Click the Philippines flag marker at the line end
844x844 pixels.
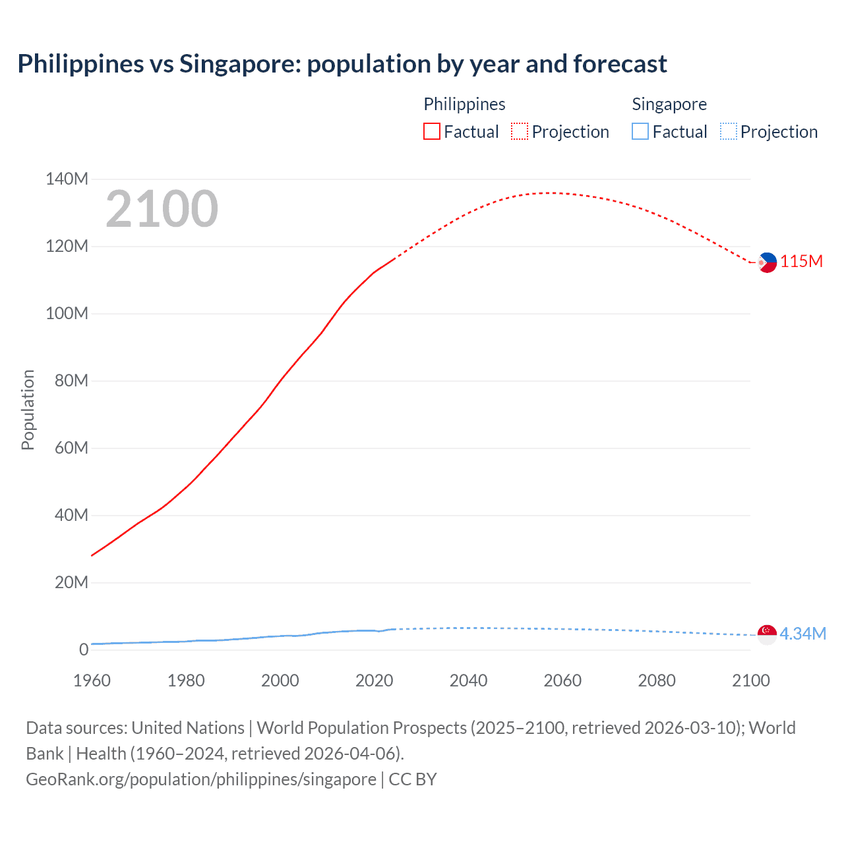(767, 262)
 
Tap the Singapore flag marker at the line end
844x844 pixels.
(767, 634)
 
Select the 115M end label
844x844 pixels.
(801, 261)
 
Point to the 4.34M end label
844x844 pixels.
(802, 634)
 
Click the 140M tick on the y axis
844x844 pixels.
(67, 179)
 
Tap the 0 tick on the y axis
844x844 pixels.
(83, 649)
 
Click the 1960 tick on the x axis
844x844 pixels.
(92, 680)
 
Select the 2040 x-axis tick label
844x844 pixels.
(468, 680)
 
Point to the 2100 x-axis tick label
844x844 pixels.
(750, 680)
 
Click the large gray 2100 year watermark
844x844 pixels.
(162, 209)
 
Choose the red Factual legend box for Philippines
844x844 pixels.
(431, 131)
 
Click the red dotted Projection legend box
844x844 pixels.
(520, 131)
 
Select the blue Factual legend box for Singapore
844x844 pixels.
(640, 131)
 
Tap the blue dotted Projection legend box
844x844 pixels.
(728, 131)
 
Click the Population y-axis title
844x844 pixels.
(28, 409)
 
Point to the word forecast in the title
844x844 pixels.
(620, 64)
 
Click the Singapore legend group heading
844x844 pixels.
(669, 104)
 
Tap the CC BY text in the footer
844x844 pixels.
(413, 779)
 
